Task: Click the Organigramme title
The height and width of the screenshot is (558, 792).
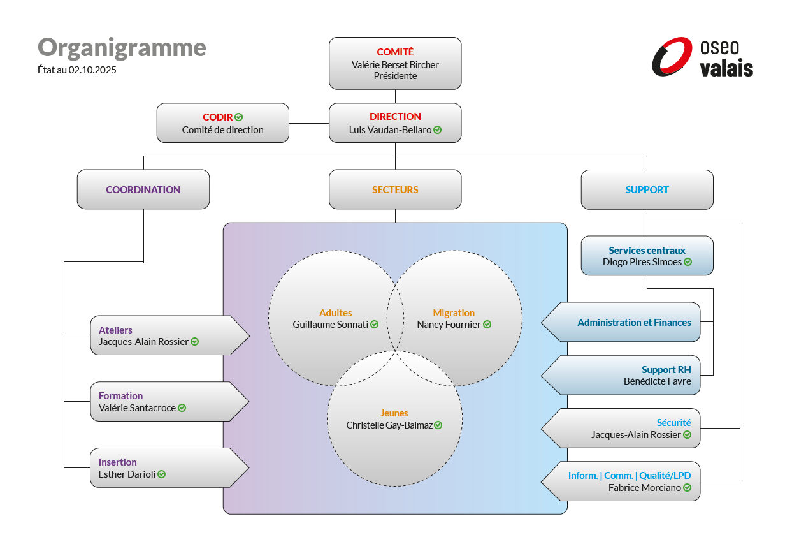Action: click(122, 48)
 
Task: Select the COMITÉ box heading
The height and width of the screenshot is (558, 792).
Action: click(395, 52)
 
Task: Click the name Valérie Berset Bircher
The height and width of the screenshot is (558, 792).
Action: click(395, 64)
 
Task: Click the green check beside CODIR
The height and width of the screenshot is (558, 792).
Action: click(239, 117)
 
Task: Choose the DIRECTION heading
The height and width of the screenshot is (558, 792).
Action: click(395, 116)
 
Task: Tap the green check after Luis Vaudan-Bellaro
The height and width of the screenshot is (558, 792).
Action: click(438, 129)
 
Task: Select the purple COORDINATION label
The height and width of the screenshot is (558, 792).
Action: click(143, 189)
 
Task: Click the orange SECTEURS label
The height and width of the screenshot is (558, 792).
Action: click(395, 189)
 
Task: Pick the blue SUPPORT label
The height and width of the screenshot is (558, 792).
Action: click(647, 189)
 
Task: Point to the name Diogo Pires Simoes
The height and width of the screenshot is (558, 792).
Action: click(642, 262)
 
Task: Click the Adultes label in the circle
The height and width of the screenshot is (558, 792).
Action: click(336, 312)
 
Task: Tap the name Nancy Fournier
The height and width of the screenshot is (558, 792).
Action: click(449, 324)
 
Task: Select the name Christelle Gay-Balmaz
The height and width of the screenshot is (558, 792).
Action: click(389, 425)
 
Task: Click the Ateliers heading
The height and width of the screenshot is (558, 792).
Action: click(115, 330)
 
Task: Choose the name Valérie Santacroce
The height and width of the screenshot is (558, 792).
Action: click(137, 407)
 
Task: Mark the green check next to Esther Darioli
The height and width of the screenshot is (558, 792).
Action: click(162, 474)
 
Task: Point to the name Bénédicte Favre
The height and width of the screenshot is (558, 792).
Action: click(657, 381)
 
